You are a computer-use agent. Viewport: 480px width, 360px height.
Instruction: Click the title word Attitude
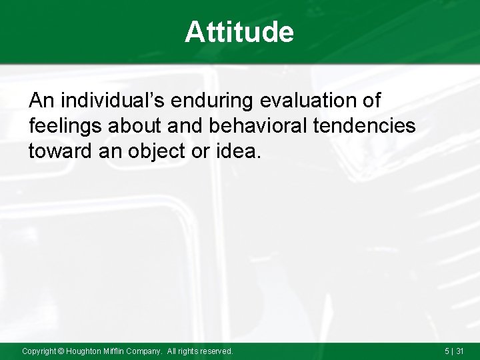[x=239, y=32]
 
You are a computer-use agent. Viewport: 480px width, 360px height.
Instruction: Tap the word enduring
[x=215, y=101]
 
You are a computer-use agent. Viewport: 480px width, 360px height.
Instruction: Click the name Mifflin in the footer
[x=117, y=351]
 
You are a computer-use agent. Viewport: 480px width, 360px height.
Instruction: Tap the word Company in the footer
[x=146, y=351]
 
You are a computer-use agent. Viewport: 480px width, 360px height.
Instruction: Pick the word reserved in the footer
[x=216, y=351]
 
